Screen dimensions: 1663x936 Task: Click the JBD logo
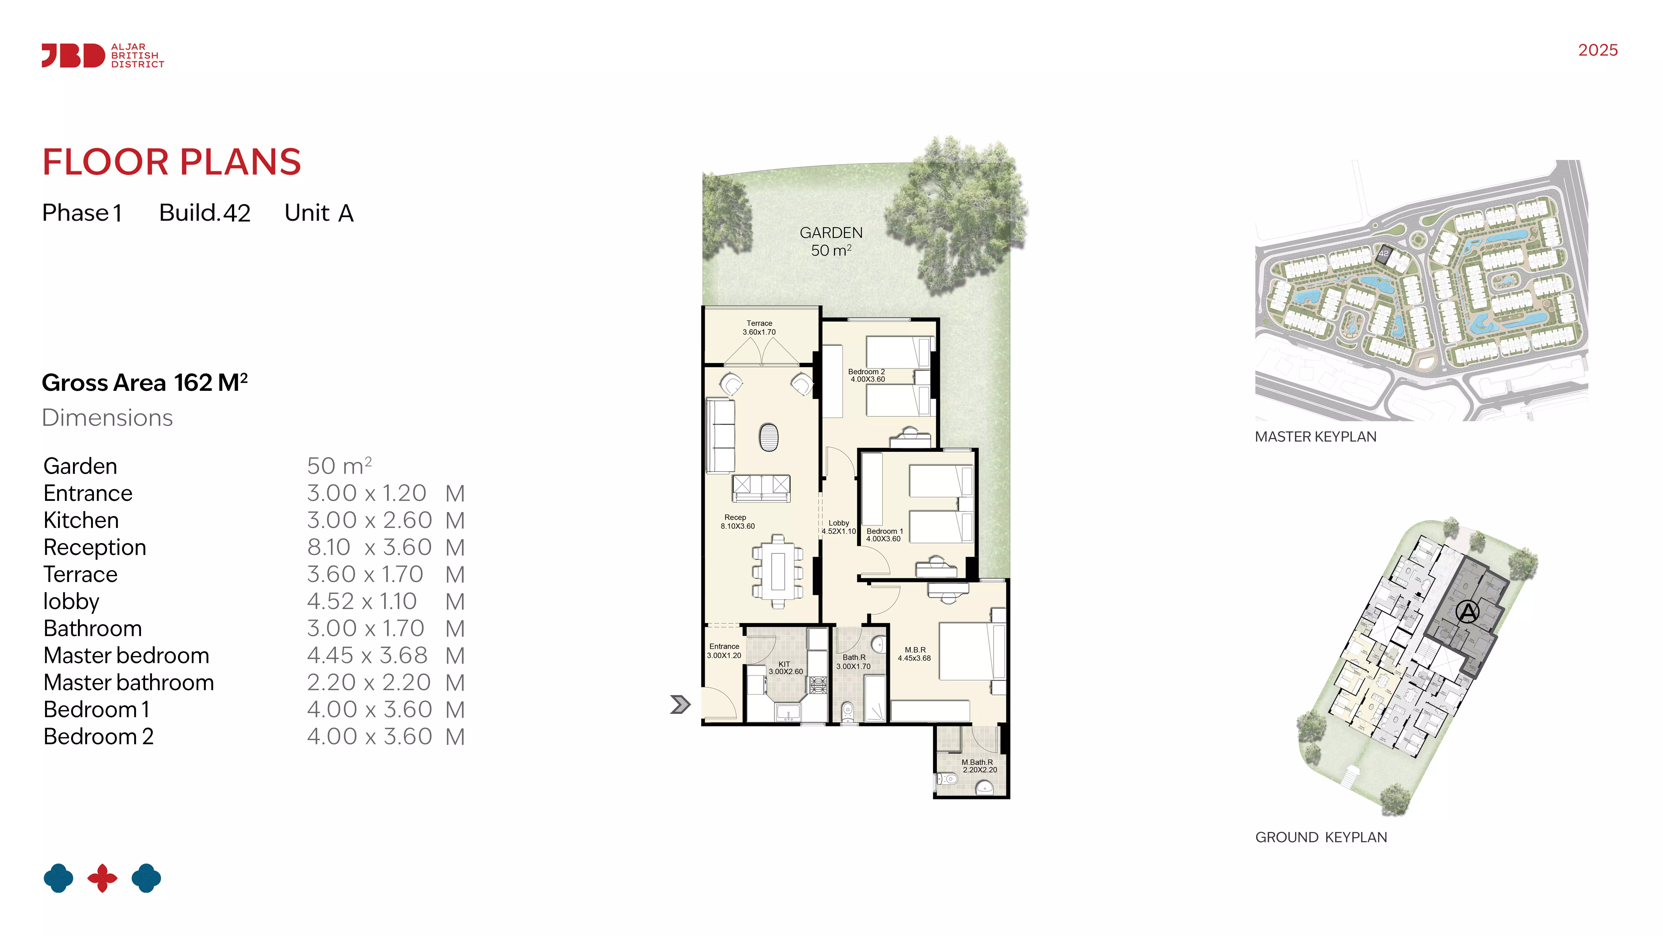[x=103, y=56]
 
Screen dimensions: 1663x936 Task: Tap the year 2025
[x=1598, y=50]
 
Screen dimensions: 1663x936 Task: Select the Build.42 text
[x=205, y=213]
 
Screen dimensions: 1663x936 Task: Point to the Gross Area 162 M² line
[x=145, y=383]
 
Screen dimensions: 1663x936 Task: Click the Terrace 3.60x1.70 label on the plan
[x=759, y=328]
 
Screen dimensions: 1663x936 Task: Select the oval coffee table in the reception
[x=769, y=437]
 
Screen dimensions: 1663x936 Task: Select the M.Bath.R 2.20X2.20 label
[x=979, y=766]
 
